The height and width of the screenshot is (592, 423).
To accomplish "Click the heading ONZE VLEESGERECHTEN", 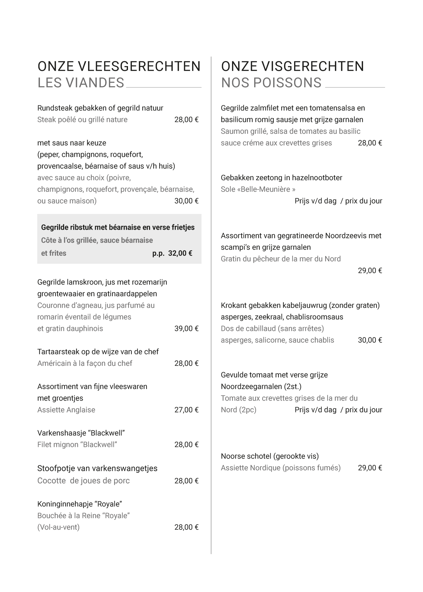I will pyautogui.click(x=119, y=66).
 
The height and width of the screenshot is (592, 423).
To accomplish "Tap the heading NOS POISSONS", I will pyautogui.click(x=271, y=83).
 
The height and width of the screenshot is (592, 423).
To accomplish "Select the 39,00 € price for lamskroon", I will pyautogui.click(x=186, y=329).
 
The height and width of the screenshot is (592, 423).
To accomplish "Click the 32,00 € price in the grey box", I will pyautogui.click(x=180, y=253).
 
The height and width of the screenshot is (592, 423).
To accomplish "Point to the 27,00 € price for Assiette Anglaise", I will pyautogui.click(x=186, y=410).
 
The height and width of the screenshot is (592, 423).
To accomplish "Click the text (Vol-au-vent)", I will pyautogui.click(x=58, y=527).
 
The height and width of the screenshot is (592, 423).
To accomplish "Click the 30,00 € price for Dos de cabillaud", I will pyautogui.click(x=370, y=340).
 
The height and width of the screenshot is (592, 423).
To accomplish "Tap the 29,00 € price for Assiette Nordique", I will pyautogui.click(x=370, y=468).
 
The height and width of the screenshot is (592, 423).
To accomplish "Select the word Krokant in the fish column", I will pyautogui.click(x=234, y=305).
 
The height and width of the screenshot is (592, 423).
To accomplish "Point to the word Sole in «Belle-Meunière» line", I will pyautogui.click(x=228, y=189).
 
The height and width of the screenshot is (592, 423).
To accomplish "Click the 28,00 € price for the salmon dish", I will pyautogui.click(x=370, y=143).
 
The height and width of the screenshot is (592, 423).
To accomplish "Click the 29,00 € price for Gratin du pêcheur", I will pyautogui.click(x=370, y=271).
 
